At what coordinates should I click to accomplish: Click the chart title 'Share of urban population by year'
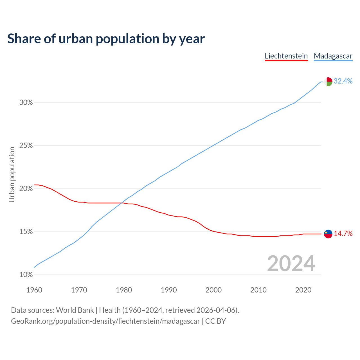click(106, 39)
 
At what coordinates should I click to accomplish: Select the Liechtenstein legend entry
click(286, 56)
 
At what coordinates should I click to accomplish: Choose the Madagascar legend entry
click(333, 56)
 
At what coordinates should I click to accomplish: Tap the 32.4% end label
click(343, 81)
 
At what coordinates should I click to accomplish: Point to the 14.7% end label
click(343, 233)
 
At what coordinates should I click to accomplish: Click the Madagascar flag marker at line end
click(328, 82)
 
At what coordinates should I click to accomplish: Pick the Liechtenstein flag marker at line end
click(328, 234)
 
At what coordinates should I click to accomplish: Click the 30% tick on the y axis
click(26, 103)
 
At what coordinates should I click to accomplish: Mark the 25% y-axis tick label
click(26, 146)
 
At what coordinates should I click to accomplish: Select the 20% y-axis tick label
click(26, 189)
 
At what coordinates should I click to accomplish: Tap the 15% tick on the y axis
click(26, 232)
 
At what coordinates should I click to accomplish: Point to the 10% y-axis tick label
click(26, 275)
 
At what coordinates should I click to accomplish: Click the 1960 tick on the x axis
click(34, 290)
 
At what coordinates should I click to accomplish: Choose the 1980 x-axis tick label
click(124, 290)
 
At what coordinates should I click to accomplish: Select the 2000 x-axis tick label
click(214, 290)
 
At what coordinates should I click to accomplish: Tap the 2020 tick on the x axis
click(303, 290)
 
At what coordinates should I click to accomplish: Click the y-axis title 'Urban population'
click(12, 174)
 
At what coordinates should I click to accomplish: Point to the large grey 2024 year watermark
click(291, 264)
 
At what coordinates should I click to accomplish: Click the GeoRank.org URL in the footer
click(105, 321)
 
